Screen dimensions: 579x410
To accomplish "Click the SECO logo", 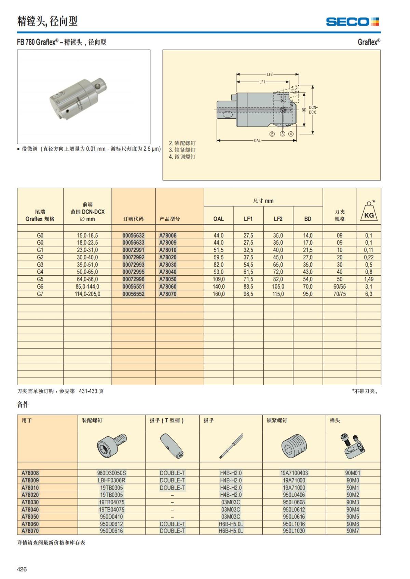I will [352, 22].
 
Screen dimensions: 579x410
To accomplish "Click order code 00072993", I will [133, 265].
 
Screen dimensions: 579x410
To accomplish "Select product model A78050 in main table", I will [168, 279].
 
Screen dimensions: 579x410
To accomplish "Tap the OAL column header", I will [219, 219].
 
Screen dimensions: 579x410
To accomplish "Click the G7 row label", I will [40, 294].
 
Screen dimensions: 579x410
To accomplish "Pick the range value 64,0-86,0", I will [87, 279].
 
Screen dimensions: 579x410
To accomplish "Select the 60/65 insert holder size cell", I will [340, 287].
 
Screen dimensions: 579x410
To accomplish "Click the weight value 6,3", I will [369, 294].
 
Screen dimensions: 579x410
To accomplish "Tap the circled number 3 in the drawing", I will [283, 134].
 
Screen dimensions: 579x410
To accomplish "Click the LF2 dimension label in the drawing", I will [270, 74].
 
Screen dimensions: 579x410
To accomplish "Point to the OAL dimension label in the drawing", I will [257, 140].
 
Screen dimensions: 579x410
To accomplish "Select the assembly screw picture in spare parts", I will [111, 446].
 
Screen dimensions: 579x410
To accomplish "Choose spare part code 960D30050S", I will [111, 473].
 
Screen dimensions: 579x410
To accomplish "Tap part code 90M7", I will [353, 531].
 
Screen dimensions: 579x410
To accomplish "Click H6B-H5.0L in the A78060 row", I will [231, 524].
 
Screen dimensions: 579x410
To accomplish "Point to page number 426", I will [22, 569].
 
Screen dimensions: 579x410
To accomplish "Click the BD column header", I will [308, 219].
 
